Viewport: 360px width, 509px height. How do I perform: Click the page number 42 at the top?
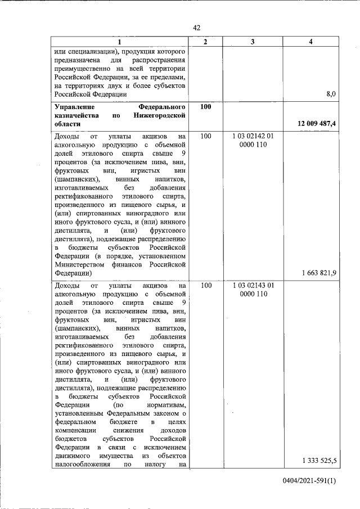196,28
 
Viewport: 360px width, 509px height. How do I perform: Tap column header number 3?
253,42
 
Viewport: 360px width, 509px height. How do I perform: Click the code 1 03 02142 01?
253,137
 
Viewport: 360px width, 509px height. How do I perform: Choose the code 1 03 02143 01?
253,286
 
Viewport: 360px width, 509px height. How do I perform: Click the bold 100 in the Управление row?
205,106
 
